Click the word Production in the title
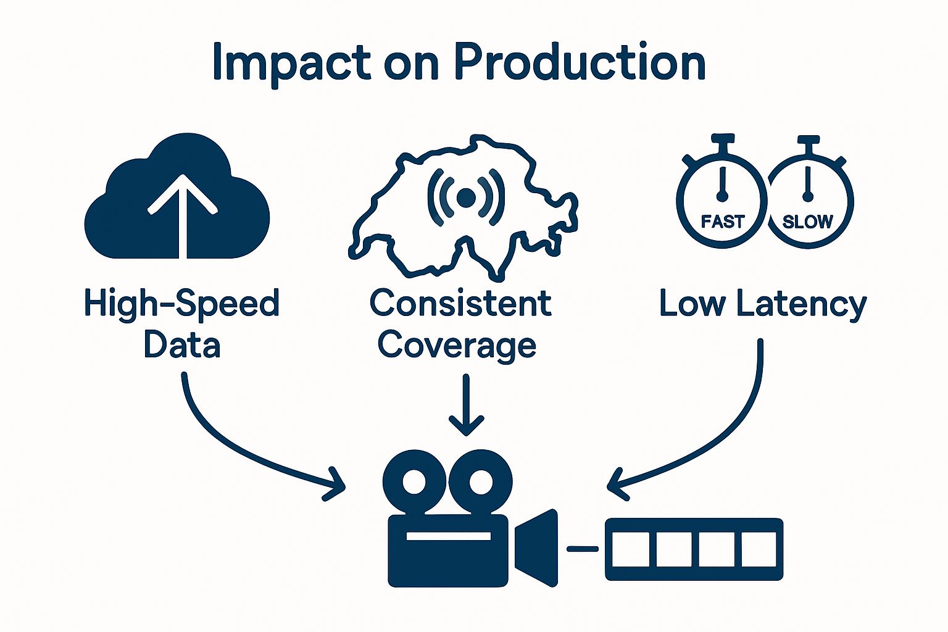pyautogui.click(x=580, y=62)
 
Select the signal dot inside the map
pyautogui.click(x=466, y=197)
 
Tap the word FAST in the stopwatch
pyautogui.click(x=723, y=221)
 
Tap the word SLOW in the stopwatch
pyautogui.click(x=807, y=221)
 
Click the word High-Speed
pyautogui.click(x=182, y=304)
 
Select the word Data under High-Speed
pyautogui.click(x=182, y=345)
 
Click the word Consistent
pyautogui.click(x=460, y=303)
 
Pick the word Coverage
pyautogui.click(x=457, y=345)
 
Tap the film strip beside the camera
pyautogui.click(x=694, y=549)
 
